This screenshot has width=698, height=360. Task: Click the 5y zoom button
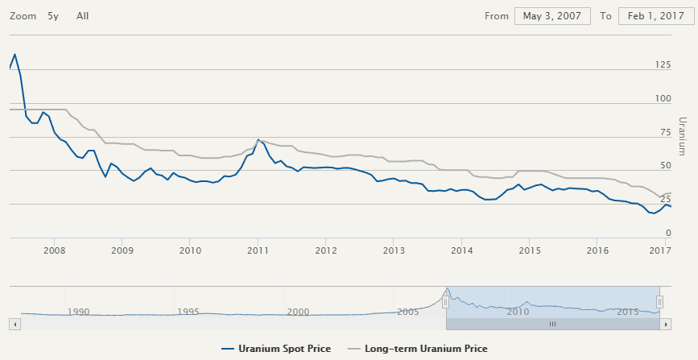coord(53,16)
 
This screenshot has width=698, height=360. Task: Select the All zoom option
coord(82,16)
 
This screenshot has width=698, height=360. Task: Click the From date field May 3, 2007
coord(552,16)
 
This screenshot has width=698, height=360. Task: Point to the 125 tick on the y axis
coord(663,65)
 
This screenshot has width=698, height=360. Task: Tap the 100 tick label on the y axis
coord(663,99)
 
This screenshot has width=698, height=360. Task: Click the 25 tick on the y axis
coord(666,198)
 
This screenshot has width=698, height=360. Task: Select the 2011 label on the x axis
coord(258,250)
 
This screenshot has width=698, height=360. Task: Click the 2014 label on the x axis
coord(461,250)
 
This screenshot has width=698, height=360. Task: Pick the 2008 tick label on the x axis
coord(54,250)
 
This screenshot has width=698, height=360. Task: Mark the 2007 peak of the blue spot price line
coord(14,54)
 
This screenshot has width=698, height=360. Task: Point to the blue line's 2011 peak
coord(258,140)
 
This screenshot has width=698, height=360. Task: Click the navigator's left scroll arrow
coord(14,323)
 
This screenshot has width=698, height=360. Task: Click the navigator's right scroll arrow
coord(667,323)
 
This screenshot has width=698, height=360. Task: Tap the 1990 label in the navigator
coord(78,312)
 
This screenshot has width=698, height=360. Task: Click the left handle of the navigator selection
coord(445,301)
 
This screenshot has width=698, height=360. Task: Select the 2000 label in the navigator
coord(298,312)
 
